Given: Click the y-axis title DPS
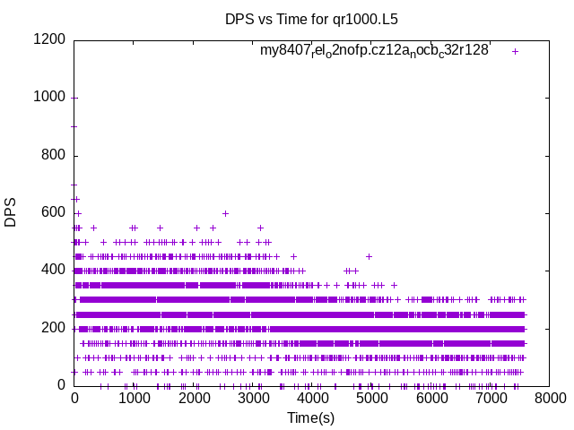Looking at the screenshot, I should coord(11,212).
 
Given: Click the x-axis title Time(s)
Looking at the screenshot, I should coord(310,417).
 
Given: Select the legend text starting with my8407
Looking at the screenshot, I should coord(374,51).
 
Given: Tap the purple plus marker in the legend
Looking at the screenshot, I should coord(515,51).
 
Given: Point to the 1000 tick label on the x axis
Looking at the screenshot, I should coord(134,399).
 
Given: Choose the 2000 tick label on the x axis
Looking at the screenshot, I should coord(194,399).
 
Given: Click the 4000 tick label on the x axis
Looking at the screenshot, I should coord(313,399).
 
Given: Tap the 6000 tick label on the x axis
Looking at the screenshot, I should coord(432,399).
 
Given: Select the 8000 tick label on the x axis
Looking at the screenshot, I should coord(552,399).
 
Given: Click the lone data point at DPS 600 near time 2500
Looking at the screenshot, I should coord(225,213).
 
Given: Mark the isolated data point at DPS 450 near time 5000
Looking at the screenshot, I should coord(369,256).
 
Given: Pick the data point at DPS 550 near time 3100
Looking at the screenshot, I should coord(260,228).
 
